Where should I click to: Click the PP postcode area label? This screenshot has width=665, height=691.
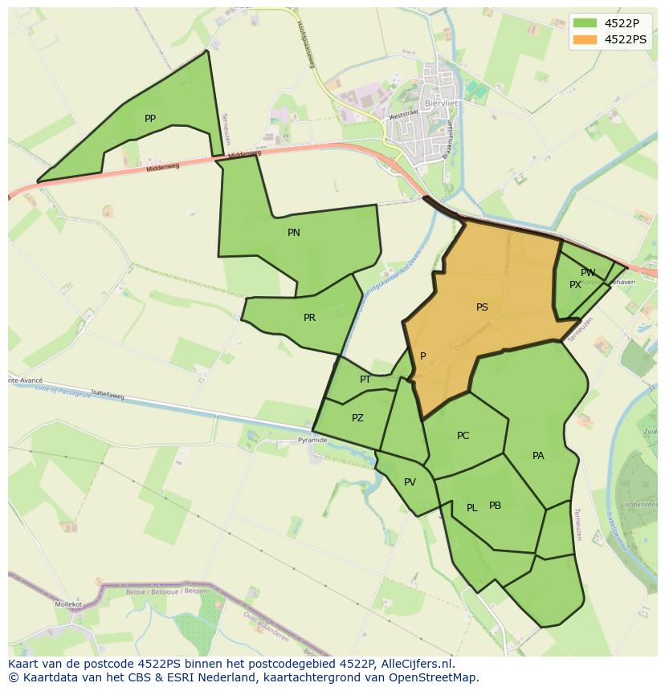coord(150,119)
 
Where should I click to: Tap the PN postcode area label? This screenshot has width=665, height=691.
coord(294,233)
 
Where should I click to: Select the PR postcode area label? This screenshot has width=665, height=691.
coord(309,318)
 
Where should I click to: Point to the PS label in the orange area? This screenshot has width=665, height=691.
coord(482,307)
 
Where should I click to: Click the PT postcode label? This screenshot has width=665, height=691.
coord(365,380)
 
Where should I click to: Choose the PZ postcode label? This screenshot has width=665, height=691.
coord(357,418)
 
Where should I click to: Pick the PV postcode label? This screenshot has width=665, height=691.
coord(410,482)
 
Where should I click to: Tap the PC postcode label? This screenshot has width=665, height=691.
coord(463,436)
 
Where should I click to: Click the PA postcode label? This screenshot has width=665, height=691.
coord(538,456)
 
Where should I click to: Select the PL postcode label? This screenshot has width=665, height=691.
coord(472,508)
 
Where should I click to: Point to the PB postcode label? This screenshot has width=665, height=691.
coord(495,506)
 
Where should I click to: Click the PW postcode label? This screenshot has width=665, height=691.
coord(588,273)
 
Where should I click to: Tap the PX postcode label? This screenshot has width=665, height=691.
coord(575,285)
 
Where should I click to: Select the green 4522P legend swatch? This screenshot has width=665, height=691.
coord(585,22)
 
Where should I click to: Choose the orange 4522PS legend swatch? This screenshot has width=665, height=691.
coord(585,39)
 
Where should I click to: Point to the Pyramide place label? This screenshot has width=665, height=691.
coord(312,441)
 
